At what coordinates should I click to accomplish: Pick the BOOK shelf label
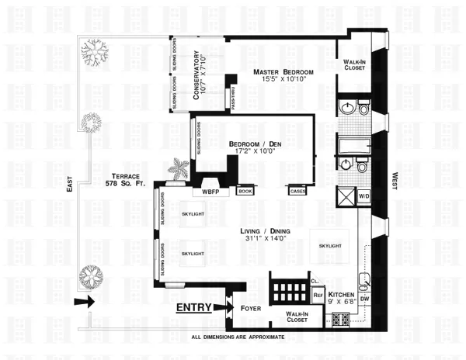[245, 190]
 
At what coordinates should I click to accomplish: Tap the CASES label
[296, 190]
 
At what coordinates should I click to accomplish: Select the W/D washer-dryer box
[363, 196]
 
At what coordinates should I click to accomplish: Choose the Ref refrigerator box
[318, 295]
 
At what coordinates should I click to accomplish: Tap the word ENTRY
[197, 307]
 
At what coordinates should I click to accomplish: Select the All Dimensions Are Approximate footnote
[238, 337]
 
